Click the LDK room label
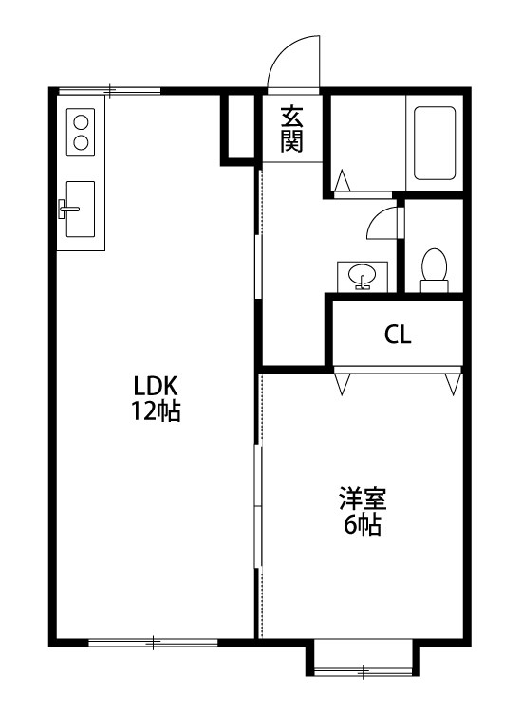click(156, 387)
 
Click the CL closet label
click(398, 335)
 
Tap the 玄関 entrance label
click(291, 129)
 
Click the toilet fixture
click(434, 266)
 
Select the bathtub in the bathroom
click(435, 142)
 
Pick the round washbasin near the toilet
click(363, 276)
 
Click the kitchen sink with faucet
click(80, 209)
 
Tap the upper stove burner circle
click(81, 121)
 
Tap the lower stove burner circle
click(81, 143)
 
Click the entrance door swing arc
click(293, 62)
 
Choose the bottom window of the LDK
click(152, 642)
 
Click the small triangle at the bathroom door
click(343, 177)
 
